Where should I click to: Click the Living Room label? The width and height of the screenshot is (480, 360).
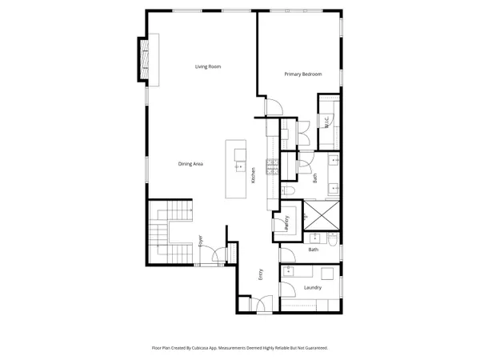[208, 66]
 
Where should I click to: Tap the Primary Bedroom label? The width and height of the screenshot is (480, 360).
[303, 74]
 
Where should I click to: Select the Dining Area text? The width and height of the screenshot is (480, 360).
[190, 164]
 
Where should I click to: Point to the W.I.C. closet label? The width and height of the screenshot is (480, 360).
[327, 122]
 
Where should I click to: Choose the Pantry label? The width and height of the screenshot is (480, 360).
[286, 223]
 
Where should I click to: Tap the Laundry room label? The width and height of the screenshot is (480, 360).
[313, 287]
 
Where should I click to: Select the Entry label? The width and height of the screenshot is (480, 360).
[261, 274]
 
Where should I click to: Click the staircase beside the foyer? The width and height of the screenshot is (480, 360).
[168, 224]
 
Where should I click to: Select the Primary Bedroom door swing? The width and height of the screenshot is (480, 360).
[273, 106]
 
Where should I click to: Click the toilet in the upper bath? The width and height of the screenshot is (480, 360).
[290, 191]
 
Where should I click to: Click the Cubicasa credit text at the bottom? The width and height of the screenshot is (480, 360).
[239, 348]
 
